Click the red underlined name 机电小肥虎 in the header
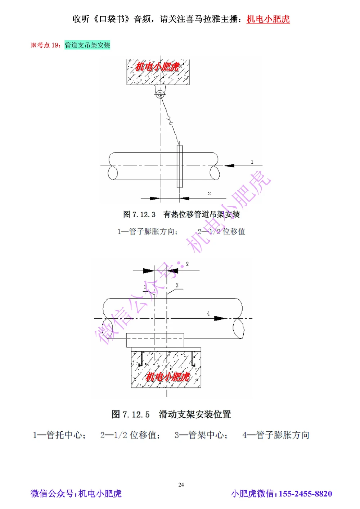(x=268, y=19)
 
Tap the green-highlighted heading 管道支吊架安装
(x=87, y=45)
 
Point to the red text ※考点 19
(x=45, y=45)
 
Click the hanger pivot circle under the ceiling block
(x=160, y=95)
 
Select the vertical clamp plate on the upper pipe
(x=180, y=166)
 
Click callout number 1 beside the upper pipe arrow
(x=252, y=162)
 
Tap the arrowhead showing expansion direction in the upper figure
(x=230, y=165)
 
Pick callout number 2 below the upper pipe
(x=209, y=194)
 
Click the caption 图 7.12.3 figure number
(x=139, y=214)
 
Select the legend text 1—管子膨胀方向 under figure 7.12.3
(x=148, y=231)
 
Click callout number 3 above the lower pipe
(x=177, y=285)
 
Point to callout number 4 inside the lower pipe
(x=208, y=314)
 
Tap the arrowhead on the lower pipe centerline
(x=219, y=318)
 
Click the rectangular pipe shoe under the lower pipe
(x=155, y=340)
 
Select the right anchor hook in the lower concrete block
(x=193, y=360)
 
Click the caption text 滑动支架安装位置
(x=195, y=414)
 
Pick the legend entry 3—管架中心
(x=201, y=435)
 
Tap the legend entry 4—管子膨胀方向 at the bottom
(x=276, y=435)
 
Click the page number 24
(x=181, y=485)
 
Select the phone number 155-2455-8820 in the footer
(x=305, y=494)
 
